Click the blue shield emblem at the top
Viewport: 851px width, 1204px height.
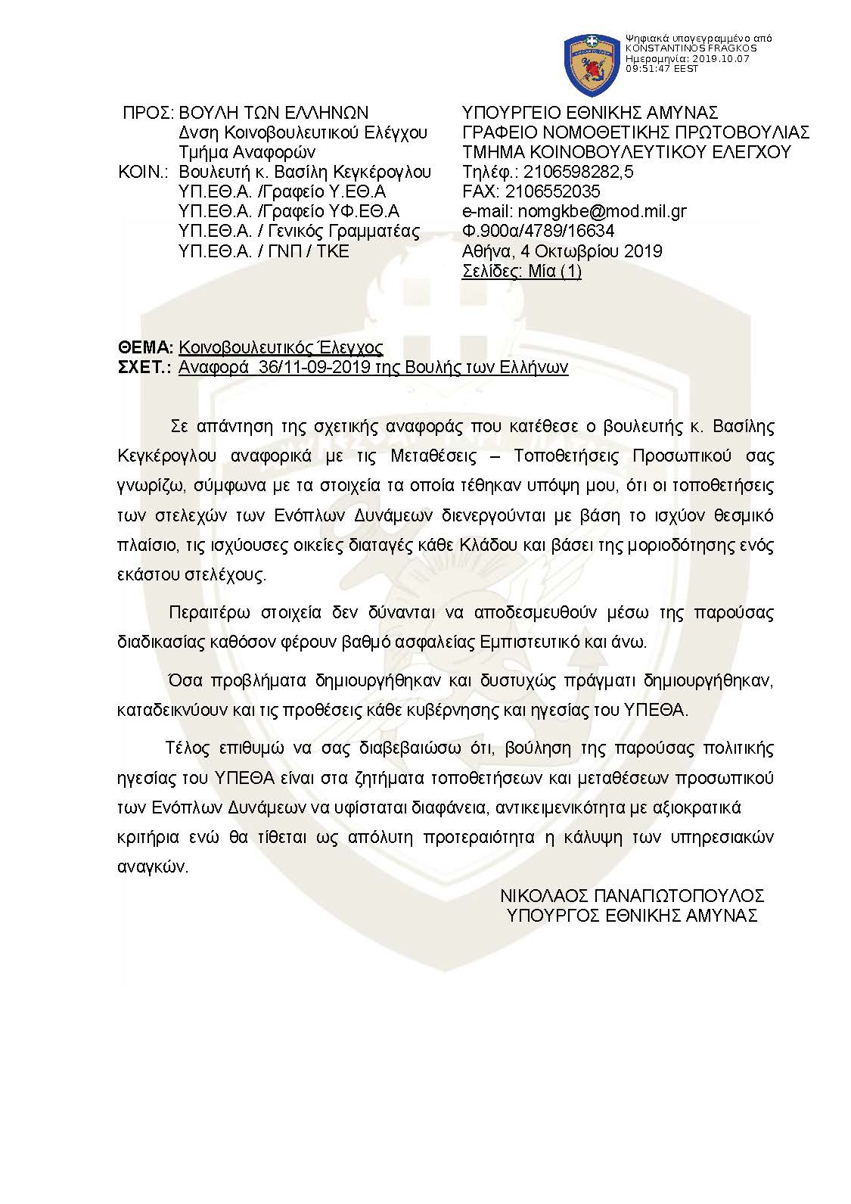tap(592, 59)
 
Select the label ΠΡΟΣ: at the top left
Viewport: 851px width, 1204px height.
tap(148, 113)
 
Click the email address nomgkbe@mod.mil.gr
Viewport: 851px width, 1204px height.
tap(574, 211)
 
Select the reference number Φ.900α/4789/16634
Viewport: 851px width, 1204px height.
tap(538, 231)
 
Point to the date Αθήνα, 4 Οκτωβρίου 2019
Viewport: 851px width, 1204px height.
tap(561, 250)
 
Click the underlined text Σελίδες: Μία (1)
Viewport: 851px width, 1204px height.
tap(521, 271)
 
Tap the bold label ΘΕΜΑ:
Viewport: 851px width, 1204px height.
tap(146, 347)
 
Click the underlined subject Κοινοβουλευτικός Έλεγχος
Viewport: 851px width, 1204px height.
tap(281, 347)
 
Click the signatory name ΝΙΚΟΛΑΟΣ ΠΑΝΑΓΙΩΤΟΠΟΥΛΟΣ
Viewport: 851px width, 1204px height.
tap(632, 895)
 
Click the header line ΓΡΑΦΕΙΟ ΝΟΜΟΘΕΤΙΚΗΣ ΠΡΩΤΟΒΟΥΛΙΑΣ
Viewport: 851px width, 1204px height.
tap(635, 132)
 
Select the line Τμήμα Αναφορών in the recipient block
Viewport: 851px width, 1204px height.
tap(241, 152)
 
